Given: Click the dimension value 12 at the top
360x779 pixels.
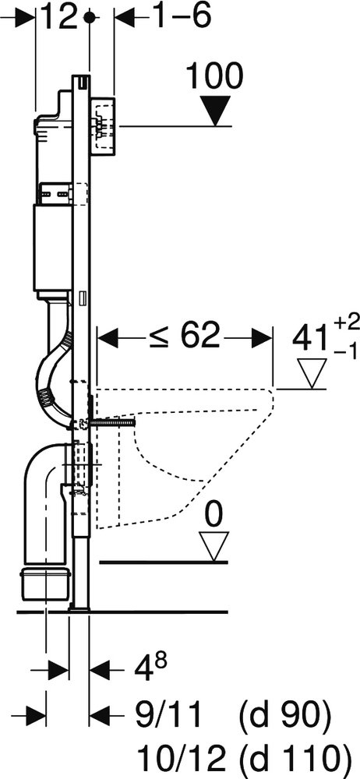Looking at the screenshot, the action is coord(58,17).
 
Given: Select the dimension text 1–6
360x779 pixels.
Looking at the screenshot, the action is coord(181,17).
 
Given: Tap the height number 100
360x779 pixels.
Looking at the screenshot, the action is coord(214,76).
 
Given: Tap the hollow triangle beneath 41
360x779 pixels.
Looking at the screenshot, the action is coord(312,373).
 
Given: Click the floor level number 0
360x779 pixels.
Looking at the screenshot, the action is coord(214,516).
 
